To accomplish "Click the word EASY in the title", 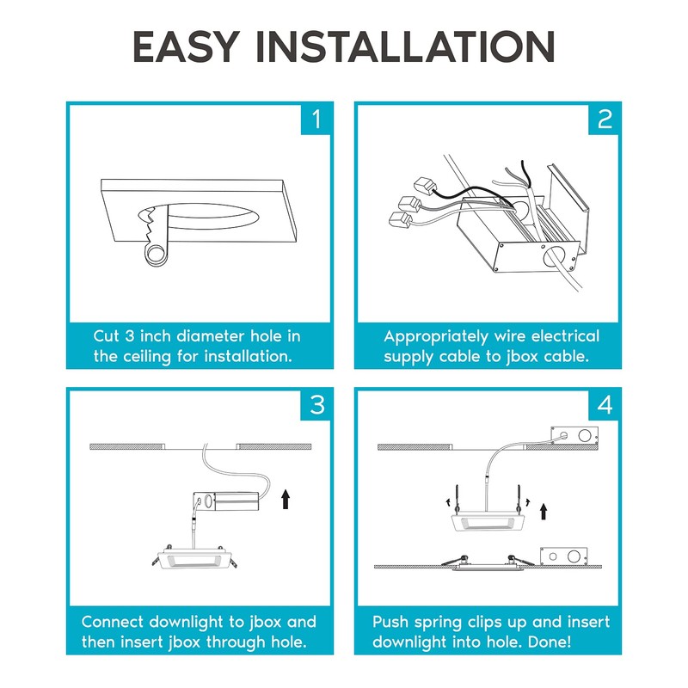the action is (x=187, y=46).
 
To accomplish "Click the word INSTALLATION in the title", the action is (x=405, y=46).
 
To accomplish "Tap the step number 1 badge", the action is (x=316, y=120).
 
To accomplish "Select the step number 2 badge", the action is (x=604, y=120).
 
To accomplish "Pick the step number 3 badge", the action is (x=316, y=405).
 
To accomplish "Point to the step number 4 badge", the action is (x=604, y=405).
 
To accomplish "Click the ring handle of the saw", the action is (x=156, y=255).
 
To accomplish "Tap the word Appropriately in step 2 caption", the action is (x=436, y=337).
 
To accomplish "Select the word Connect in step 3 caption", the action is (x=112, y=622).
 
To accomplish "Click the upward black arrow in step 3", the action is (x=286, y=500).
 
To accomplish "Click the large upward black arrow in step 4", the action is (x=544, y=511).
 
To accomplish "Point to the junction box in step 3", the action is (x=226, y=501).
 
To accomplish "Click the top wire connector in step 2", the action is (x=426, y=186).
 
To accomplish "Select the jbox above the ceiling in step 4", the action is (x=574, y=436).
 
